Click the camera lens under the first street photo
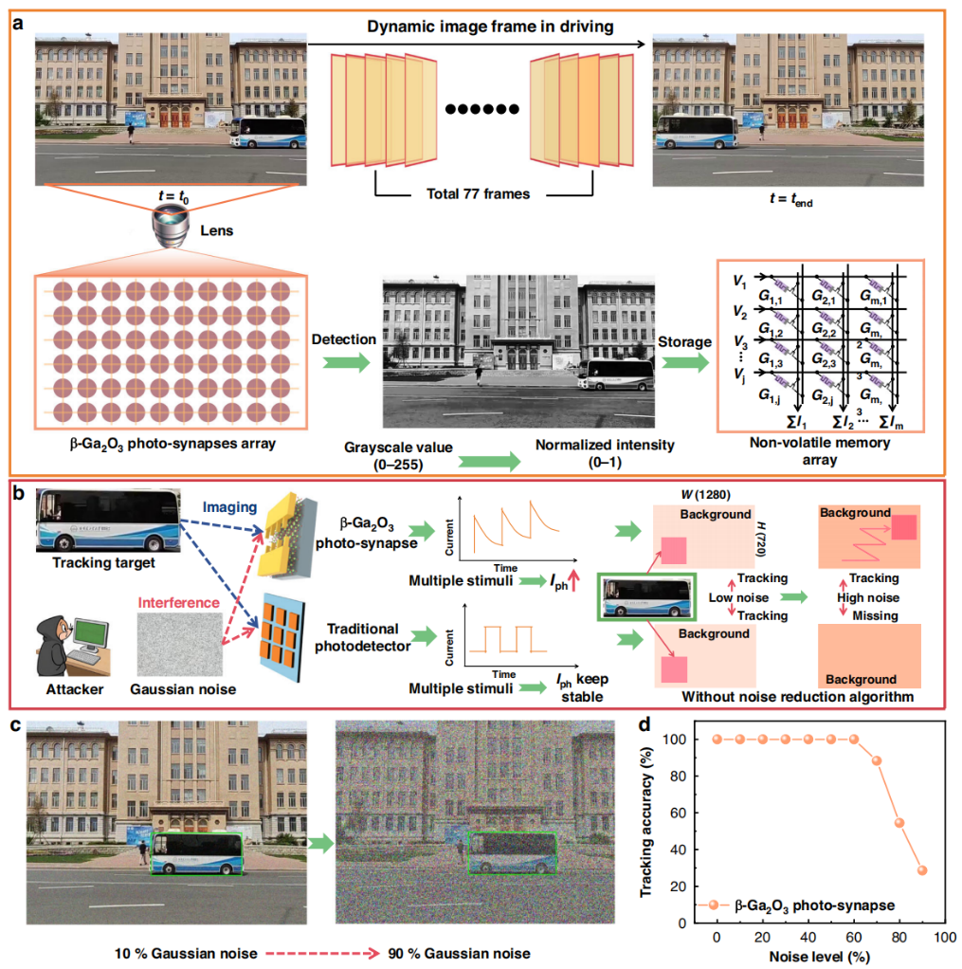click(x=171, y=227)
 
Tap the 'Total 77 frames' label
click(x=478, y=194)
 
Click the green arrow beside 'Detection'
click(x=347, y=362)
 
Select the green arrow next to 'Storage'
click(x=686, y=362)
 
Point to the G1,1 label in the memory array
click(x=770, y=298)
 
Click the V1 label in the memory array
click(x=739, y=282)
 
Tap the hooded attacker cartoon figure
click(x=52, y=645)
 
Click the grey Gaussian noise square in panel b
click(x=179, y=645)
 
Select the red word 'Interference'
click(x=178, y=602)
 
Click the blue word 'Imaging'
click(x=230, y=507)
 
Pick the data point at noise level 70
click(x=876, y=760)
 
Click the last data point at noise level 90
click(x=922, y=870)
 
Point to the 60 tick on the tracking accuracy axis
click(x=679, y=813)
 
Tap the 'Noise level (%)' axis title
click(x=819, y=957)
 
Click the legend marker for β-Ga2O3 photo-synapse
click(x=714, y=905)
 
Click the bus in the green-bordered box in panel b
click(x=646, y=597)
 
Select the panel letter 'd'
click(x=644, y=723)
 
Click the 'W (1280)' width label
click(x=705, y=494)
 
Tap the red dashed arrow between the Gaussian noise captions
click(x=322, y=954)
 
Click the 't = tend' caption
click(x=790, y=199)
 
